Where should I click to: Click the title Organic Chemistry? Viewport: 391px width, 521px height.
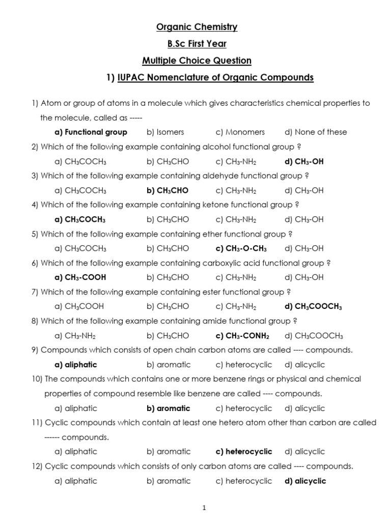pyautogui.click(x=197, y=27)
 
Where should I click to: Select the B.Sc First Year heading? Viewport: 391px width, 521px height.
pyautogui.click(x=197, y=44)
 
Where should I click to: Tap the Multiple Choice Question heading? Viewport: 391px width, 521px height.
pyautogui.click(x=197, y=61)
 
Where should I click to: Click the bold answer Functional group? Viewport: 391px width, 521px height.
pyautogui.click(x=91, y=132)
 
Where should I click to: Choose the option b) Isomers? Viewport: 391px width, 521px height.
pyautogui.click(x=165, y=132)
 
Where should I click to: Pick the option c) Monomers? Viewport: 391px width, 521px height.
pyautogui.click(x=240, y=132)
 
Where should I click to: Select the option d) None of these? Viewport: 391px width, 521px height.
pyautogui.click(x=316, y=132)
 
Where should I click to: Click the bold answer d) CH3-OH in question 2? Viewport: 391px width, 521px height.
pyautogui.click(x=304, y=161)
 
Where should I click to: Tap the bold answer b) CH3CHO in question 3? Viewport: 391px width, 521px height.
pyautogui.click(x=167, y=190)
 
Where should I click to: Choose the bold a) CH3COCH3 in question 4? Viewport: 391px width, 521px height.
pyautogui.click(x=80, y=219)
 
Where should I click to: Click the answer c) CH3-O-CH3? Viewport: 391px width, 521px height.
pyautogui.click(x=241, y=248)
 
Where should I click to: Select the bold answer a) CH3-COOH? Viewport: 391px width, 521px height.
pyautogui.click(x=80, y=277)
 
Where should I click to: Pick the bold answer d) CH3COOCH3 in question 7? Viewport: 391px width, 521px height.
pyautogui.click(x=313, y=306)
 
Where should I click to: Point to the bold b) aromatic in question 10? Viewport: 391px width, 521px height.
pyautogui.click(x=168, y=408)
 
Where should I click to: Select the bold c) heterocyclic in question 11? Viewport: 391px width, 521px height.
pyautogui.click(x=244, y=451)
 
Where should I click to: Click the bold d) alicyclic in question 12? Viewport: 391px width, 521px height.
pyautogui.click(x=305, y=481)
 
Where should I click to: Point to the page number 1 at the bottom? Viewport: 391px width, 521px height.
pyautogui.click(x=204, y=507)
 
